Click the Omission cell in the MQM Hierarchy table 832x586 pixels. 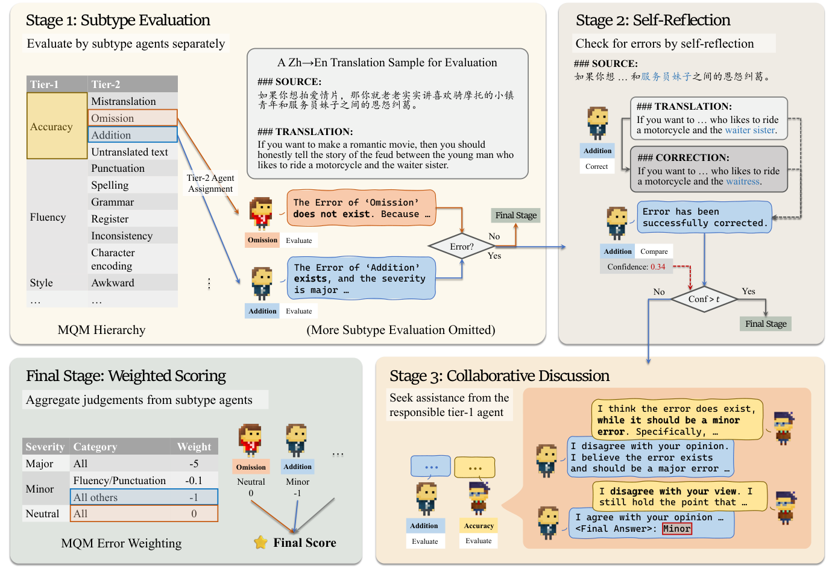[x=133, y=118]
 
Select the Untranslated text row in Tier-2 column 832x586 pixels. [x=130, y=152]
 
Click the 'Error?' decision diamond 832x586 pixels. [x=462, y=247]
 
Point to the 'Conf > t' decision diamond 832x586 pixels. [x=704, y=299]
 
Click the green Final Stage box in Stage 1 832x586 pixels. [x=515, y=215]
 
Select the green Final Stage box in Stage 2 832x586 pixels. [x=765, y=324]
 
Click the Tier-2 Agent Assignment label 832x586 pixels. [x=210, y=183]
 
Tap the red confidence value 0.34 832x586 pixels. [x=658, y=266]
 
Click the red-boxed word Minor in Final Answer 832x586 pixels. [x=676, y=529]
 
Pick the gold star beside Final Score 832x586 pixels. [x=260, y=543]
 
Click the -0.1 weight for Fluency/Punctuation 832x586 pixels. [x=194, y=480]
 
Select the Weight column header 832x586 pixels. [x=194, y=447]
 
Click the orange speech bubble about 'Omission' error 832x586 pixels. [x=361, y=208]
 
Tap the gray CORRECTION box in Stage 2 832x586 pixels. [x=708, y=169]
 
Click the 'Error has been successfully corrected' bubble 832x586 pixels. [x=704, y=217]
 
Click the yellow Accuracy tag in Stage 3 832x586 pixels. [x=479, y=526]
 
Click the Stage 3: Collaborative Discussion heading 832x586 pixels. [x=499, y=376]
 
